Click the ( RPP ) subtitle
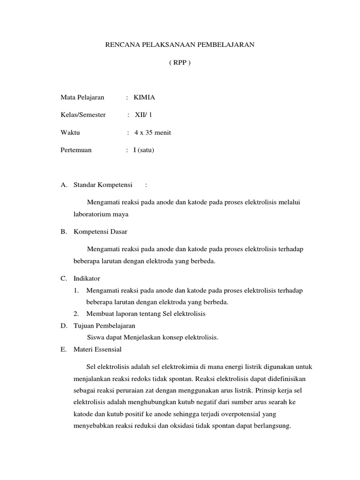pyautogui.click(x=180, y=63)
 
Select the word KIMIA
pyautogui.click(x=144, y=97)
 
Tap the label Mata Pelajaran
pyautogui.click(x=82, y=97)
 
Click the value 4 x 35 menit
pyautogui.click(x=152, y=133)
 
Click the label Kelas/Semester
pyautogui.click(x=83, y=115)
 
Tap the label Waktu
pyautogui.click(x=70, y=133)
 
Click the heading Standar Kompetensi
pyautogui.click(x=103, y=185)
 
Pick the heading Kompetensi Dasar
pyautogui.click(x=100, y=232)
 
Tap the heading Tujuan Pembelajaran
pyautogui.click(x=104, y=325)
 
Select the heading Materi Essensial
pyautogui.click(x=97, y=349)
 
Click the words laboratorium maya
pyautogui.click(x=101, y=214)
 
